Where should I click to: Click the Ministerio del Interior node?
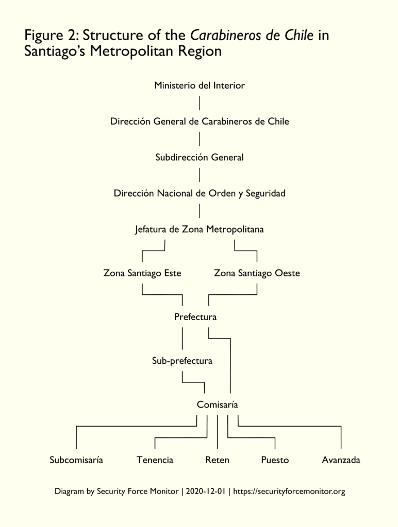coord(200,85)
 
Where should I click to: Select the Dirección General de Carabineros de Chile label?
coord(200,121)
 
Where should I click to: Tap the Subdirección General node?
coord(200,157)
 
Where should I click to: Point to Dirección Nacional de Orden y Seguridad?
coord(200,194)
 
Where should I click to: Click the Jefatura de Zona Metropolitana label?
coord(200,229)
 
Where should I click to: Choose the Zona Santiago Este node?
coord(142,273)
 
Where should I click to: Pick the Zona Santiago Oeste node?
coord(257,273)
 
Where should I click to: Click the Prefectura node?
coord(195,317)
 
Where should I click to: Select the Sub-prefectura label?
coord(182,361)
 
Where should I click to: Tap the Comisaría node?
coord(217,405)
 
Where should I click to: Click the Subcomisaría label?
coord(76,460)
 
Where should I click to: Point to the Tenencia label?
coord(155,460)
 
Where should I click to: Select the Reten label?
coord(217,460)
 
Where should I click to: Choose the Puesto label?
coord(275,460)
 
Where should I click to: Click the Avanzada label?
coord(341,460)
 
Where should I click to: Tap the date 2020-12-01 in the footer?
coord(205,491)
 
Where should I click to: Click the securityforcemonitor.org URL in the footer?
coord(289,491)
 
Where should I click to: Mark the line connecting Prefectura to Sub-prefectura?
coord(183,339)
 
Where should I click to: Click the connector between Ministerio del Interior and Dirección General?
coord(200,103)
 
